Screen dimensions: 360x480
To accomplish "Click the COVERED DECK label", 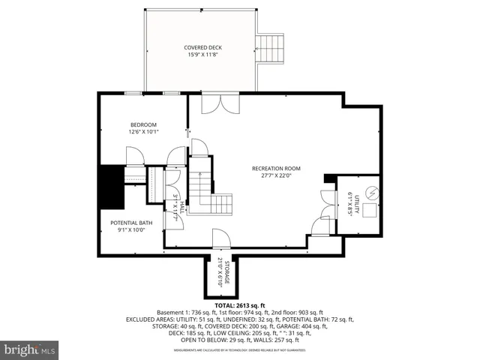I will pyautogui.click(x=203, y=47).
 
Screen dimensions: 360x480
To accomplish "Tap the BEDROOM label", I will pyautogui.click(x=143, y=124).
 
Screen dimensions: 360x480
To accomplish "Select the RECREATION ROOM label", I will pyautogui.click(x=276, y=168).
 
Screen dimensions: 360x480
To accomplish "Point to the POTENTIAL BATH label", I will pyautogui.click(x=131, y=223).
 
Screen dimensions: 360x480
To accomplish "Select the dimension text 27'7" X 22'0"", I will pyautogui.click(x=276, y=176).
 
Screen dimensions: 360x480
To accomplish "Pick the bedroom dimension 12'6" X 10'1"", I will pyautogui.click(x=143, y=132).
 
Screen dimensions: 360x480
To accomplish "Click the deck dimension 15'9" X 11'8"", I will pyautogui.click(x=203, y=55).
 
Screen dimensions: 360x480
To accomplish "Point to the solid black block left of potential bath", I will pyautogui.click(x=110, y=187).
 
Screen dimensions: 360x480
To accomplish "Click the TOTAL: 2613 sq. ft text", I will pyautogui.click(x=240, y=306).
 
